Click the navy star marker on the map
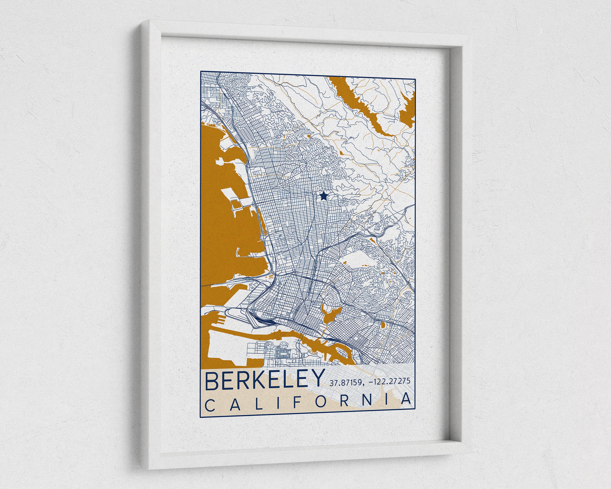(323, 196)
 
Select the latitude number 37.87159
(345, 383)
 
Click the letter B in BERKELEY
(212, 381)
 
